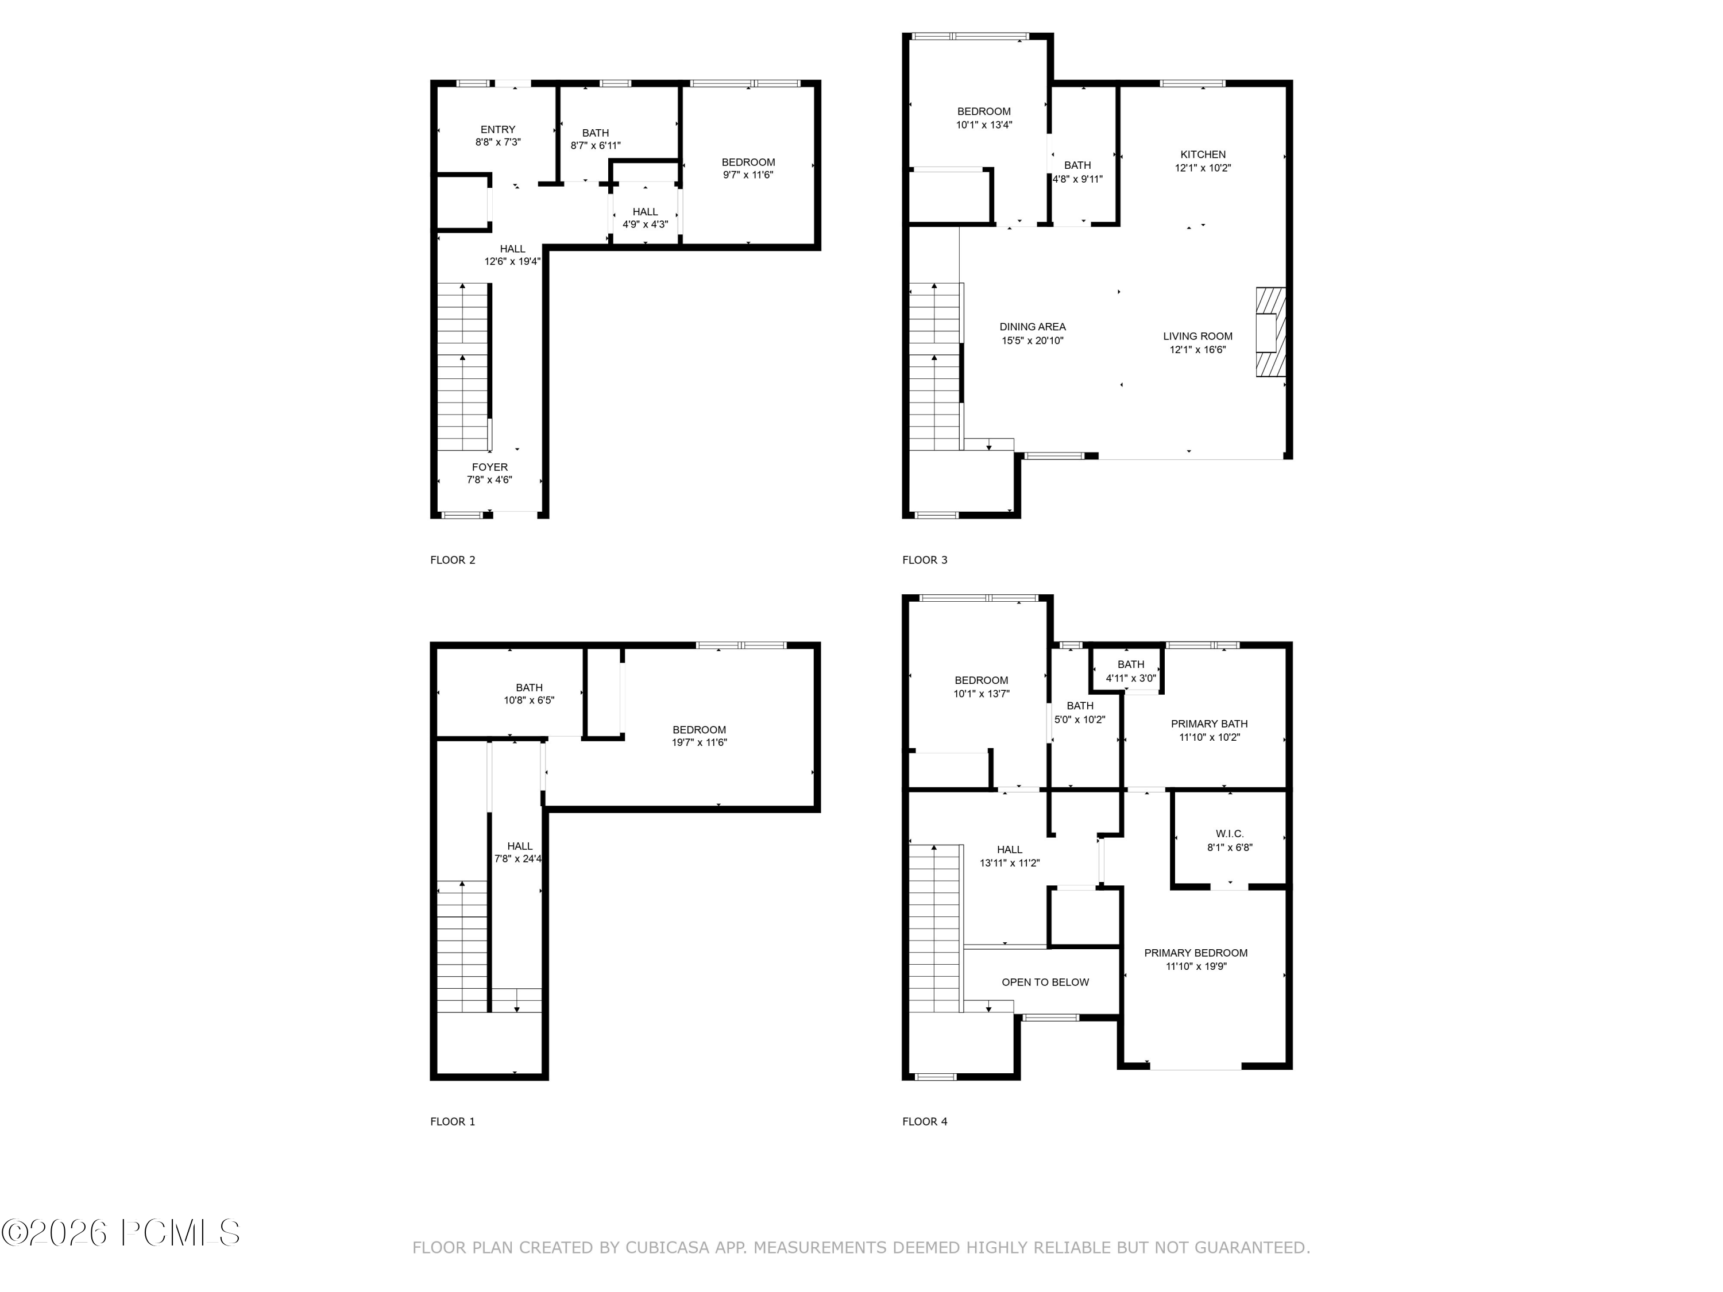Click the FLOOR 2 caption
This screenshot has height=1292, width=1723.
(x=453, y=560)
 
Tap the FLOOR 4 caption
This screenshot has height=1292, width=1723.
(x=925, y=1121)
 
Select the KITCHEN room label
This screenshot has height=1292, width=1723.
(x=1203, y=155)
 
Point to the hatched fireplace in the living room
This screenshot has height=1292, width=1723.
(x=1270, y=332)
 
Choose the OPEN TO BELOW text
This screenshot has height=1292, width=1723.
(x=1045, y=982)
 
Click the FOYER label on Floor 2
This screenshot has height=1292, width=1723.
(x=489, y=467)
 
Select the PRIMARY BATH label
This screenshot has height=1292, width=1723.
(x=1209, y=724)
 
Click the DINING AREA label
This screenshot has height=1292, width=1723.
(x=1032, y=327)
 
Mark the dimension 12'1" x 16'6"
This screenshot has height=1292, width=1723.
(x=1197, y=350)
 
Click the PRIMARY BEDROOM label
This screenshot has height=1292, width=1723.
(x=1196, y=953)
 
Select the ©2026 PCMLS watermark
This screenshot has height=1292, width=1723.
(x=121, y=1233)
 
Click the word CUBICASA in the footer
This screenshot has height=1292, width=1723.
(x=667, y=1248)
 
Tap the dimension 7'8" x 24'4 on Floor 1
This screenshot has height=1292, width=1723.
(x=518, y=859)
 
